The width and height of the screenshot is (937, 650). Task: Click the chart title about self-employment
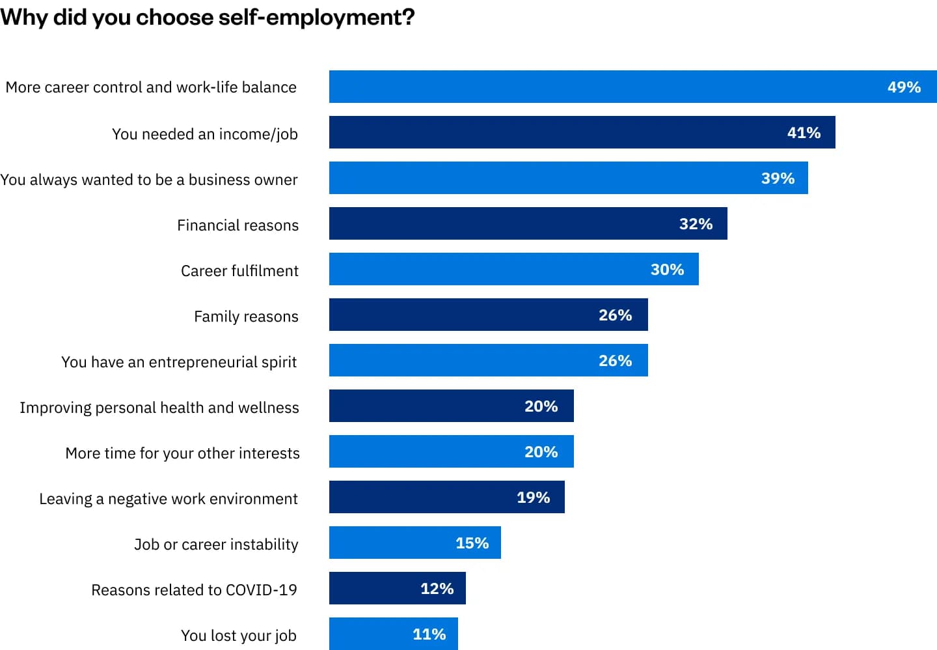click(x=207, y=17)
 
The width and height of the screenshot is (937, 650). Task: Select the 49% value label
click(x=904, y=87)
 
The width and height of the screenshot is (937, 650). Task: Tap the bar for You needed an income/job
click(x=553, y=133)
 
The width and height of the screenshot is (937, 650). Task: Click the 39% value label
click(x=778, y=178)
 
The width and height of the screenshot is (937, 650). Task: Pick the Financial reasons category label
click(x=238, y=225)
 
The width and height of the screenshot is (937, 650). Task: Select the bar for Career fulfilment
click(x=488, y=270)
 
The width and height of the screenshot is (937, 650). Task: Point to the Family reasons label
click(x=246, y=317)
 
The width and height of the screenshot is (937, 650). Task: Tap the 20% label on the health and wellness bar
click(x=541, y=406)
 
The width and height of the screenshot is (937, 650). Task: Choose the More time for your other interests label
click(x=182, y=453)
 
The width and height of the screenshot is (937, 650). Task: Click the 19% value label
click(x=533, y=498)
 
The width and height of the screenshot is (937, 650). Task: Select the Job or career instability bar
click(x=390, y=543)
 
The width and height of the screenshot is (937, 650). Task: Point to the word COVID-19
click(x=261, y=590)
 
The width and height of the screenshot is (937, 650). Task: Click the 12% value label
click(x=437, y=589)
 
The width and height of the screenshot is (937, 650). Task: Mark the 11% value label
click(x=429, y=634)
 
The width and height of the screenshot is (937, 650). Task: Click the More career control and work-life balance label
click(x=151, y=87)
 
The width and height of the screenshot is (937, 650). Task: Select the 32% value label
click(x=696, y=224)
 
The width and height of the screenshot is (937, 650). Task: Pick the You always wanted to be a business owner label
click(x=149, y=180)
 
